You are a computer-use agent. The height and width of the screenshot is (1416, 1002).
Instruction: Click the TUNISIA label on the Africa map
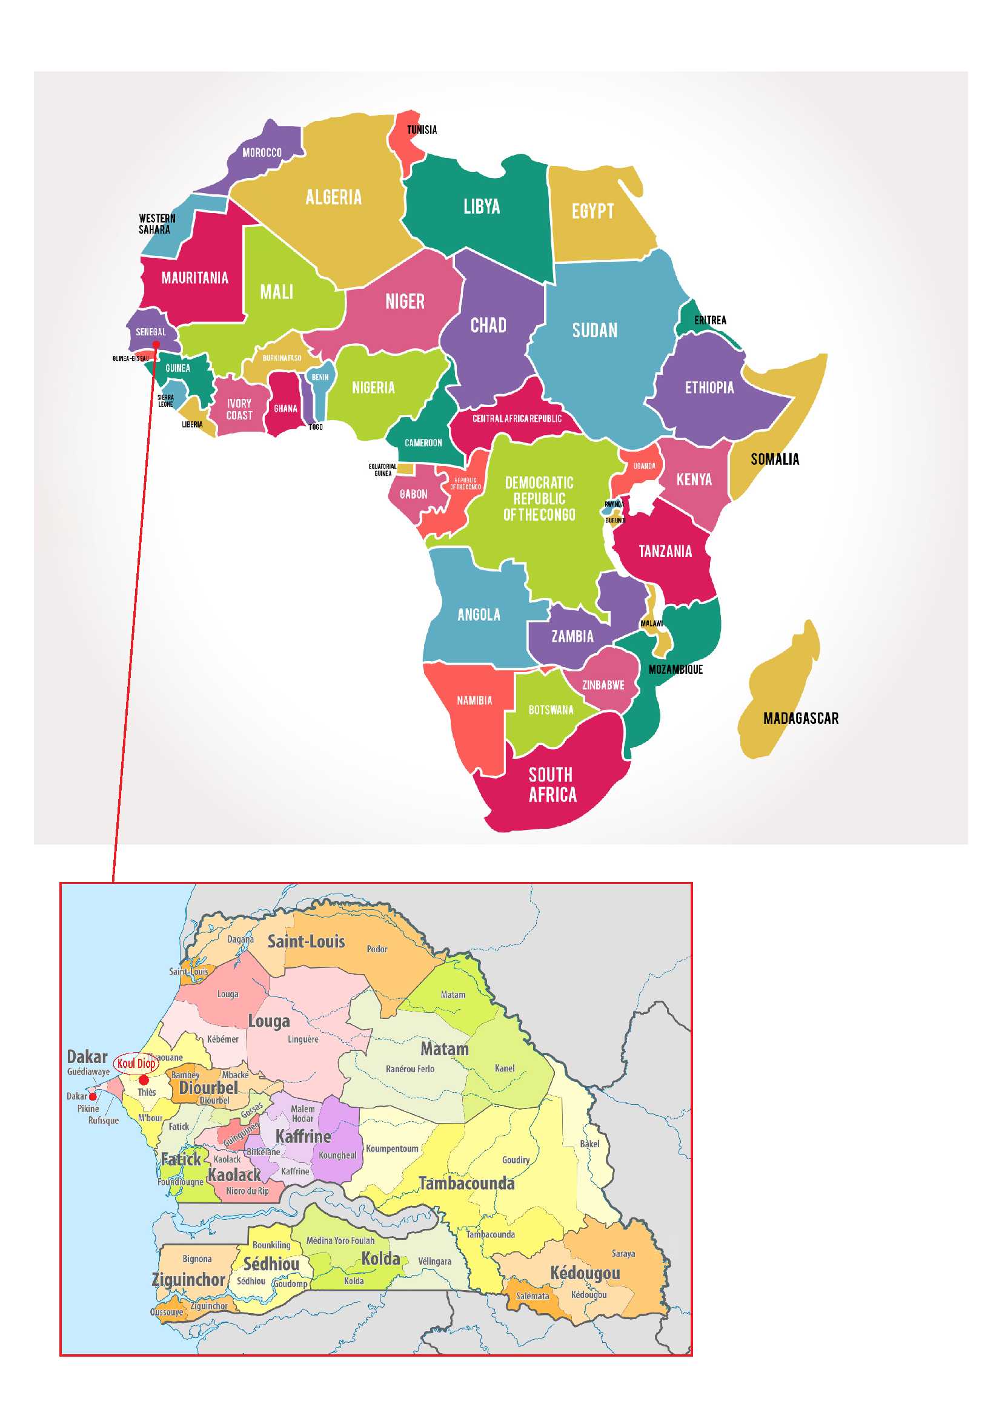(x=422, y=130)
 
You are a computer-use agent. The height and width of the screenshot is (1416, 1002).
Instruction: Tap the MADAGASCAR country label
(x=800, y=719)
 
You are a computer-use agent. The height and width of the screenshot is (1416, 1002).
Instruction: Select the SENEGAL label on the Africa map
(x=151, y=332)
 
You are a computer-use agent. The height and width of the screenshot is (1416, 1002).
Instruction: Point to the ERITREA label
(x=710, y=320)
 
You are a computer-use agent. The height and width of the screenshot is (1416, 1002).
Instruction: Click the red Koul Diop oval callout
(x=136, y=1063)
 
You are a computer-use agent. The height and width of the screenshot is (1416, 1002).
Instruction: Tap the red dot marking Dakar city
(x=93, y=1096)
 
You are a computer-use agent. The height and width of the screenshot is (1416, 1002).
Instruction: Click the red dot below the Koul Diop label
(x=144, y=1080)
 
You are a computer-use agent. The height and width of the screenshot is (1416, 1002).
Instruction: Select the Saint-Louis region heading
(x=306, y=942)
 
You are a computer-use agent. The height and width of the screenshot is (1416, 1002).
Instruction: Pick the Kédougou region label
(x=585, y=1273)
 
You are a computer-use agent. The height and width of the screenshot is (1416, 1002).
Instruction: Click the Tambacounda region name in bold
(x=466, y=1184)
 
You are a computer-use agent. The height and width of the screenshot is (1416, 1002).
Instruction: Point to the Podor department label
(x=377, y=949)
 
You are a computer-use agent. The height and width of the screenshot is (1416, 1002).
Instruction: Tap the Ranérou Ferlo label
(x=410, y=1069)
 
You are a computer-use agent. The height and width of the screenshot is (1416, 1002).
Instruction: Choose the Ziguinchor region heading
(x=188, y=1280)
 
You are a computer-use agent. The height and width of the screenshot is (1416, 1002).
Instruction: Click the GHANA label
(x=285, y=408)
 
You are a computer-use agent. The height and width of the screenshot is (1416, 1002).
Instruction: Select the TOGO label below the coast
(x=315, y=427)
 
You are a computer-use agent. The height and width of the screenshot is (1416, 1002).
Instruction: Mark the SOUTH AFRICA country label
(x=552, y=785)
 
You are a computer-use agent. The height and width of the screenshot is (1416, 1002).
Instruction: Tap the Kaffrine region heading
(x=303, y=1137)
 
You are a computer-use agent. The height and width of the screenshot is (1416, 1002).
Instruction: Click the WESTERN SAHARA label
(x=157, y=224)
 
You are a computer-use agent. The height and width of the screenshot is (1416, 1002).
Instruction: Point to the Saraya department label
(x=623, y=1253)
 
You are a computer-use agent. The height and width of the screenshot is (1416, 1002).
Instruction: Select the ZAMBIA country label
(x=572, y=636)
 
